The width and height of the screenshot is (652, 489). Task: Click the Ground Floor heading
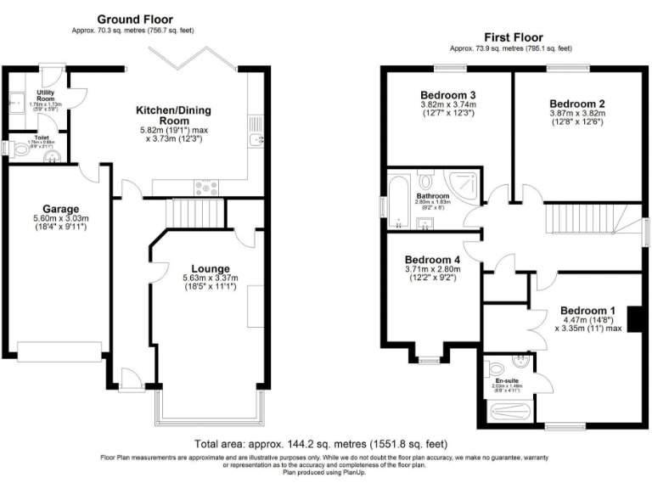135,19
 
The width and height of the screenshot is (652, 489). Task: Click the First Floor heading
513,37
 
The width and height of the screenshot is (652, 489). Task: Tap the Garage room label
61,209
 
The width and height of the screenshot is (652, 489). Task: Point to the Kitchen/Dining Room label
174,116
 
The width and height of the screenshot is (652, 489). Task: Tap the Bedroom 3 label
447,94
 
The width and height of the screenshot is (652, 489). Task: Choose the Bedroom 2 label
575,102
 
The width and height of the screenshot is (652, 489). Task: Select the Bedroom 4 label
432,260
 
